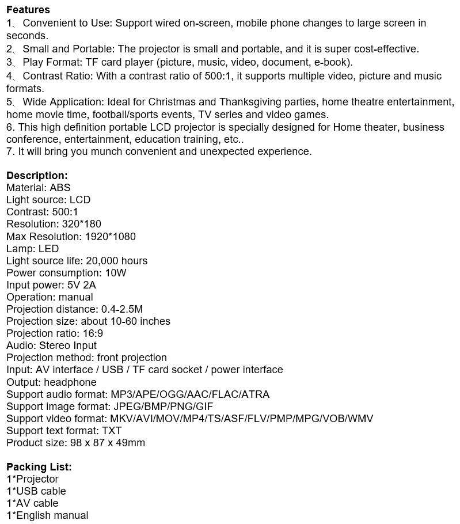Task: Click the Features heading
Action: tap(28, 10)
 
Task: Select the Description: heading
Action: tap(37, 176)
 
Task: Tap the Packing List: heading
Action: tap(39, 467)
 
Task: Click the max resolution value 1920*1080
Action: tap(110, 236)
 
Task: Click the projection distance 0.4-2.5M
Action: tap(122, 309)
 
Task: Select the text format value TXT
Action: tap(112, 431)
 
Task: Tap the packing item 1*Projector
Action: tap(32, 479)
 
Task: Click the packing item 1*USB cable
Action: tap(36, 491)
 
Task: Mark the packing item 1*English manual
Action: tap(47, 515)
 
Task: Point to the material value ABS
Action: tap(60, 188)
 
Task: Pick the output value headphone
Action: tap(70, 382)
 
